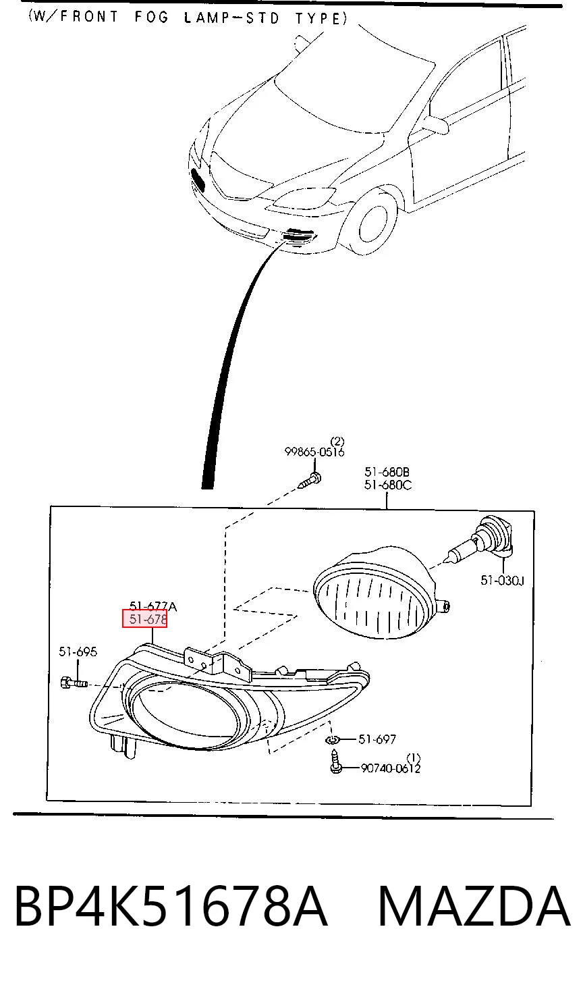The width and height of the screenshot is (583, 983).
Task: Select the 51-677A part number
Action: (152, 606)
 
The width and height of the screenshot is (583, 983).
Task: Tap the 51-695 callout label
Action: (78, 652)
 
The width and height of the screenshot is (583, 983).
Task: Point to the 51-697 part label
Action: (377, 739)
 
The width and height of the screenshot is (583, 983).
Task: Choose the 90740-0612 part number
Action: (391, 768)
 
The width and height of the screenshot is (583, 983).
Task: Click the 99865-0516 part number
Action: (314, 452)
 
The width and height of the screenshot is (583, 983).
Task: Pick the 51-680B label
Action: (387, 472)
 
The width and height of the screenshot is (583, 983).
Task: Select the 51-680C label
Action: (388, 485)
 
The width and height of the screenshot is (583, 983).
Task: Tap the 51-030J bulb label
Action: (502, 580)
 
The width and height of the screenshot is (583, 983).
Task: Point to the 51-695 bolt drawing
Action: (74, 683)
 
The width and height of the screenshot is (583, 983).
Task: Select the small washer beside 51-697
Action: (332, 741)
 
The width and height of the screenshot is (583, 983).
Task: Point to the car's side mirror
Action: (436, 123)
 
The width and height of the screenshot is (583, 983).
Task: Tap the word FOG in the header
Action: (151, 17)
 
